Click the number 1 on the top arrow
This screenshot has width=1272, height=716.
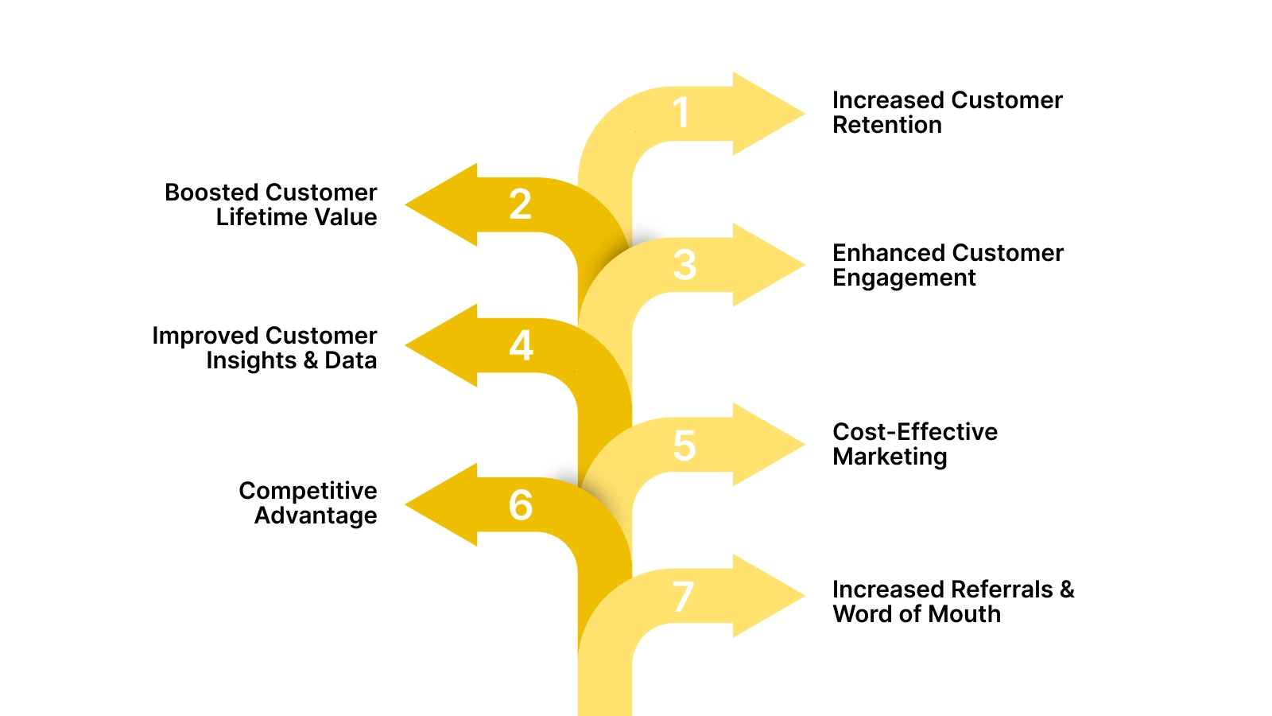point(681,112)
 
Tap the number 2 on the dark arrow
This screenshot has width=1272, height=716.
point(521,204)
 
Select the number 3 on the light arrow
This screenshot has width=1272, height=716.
point(684,265)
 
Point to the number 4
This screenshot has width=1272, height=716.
point(521,346)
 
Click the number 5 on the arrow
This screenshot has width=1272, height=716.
point(684,446)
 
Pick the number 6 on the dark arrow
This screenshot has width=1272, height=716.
point(521,505)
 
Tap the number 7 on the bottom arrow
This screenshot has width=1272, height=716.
point(683,597)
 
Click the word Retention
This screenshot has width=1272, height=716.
point(886,125)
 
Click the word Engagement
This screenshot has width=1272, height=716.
point(904,278)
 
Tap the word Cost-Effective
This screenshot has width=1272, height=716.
point(914,431)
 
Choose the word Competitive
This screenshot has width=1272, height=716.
point(308,491)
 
